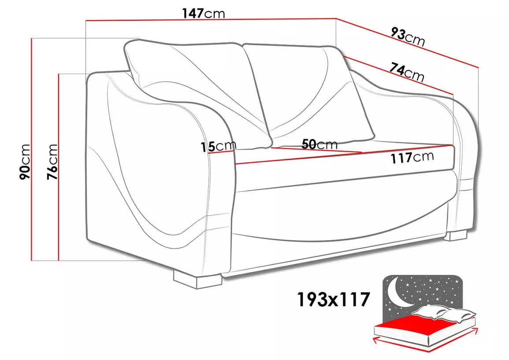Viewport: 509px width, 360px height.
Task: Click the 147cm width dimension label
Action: pyautogui.click(x=203, y=13)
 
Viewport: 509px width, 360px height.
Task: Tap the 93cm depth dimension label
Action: pyautogui.click(x=408, y=37)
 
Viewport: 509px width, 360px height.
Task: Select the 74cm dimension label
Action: pyautogui.click(x=407, y=72)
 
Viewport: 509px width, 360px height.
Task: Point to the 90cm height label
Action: pyautogui.click(x=25, y=162)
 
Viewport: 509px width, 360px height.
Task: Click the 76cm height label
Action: pyautogui.click(x=52, y=162)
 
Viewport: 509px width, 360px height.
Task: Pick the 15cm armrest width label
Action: pyautogui.click(x=218, y=146)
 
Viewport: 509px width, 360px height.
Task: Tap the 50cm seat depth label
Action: pyautogui.click(x=320, y=144)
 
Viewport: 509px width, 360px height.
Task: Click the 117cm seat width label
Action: pyautogui.click(x=412, y=157)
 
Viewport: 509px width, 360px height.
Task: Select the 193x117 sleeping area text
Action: pyautogui.click(x=333, y=299)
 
